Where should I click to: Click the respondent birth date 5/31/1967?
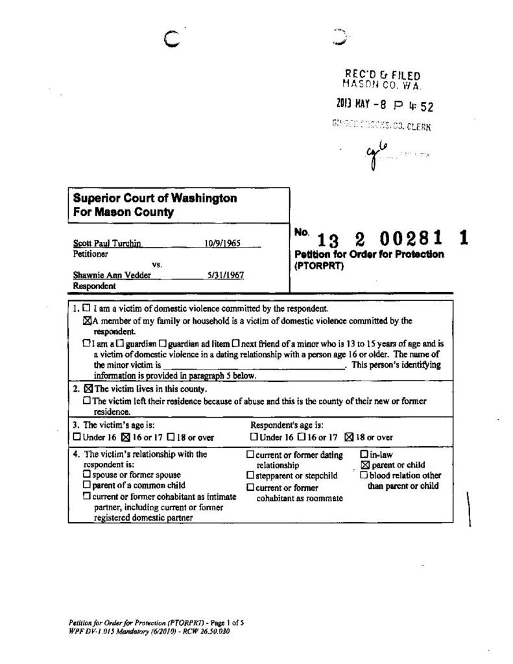coord(225,275)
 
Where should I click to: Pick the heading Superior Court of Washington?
coord(154,198)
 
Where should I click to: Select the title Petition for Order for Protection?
coord(369,254)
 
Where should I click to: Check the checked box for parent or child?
coord(364,465)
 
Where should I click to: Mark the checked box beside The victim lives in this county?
coord(89,390)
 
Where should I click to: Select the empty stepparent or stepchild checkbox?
coord(250,475)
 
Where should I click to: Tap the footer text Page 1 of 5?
coord(225,622)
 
